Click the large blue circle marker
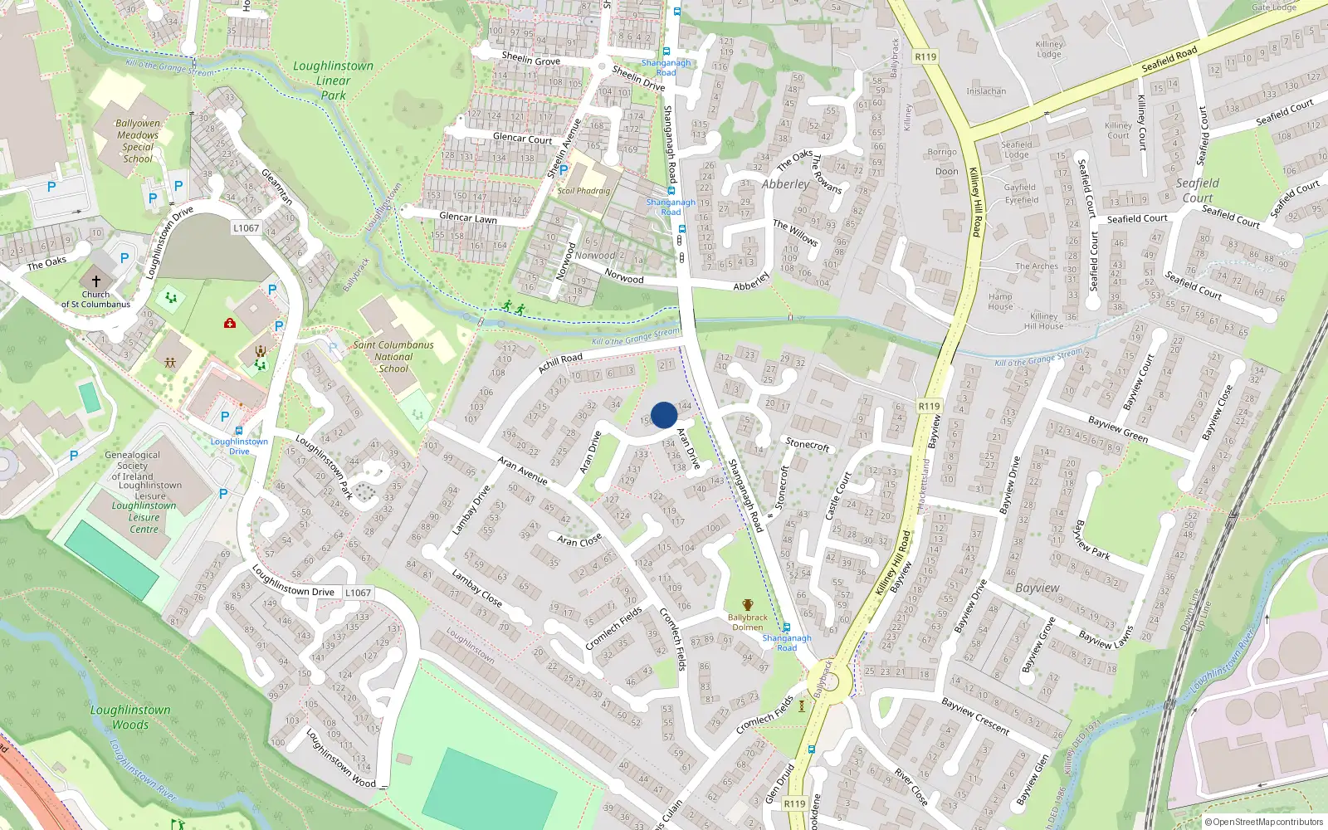664,415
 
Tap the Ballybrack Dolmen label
748,622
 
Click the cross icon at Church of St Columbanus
95,281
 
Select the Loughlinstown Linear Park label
334,81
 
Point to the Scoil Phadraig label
583,191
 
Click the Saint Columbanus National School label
393,357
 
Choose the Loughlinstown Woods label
130,717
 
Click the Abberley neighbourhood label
785,184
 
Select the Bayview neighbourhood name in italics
1037,588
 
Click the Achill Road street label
560,362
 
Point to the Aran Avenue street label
522,470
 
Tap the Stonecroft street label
808,445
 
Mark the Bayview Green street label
1118,429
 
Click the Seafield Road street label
1169,60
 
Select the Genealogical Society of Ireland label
133,466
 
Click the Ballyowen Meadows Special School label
138,140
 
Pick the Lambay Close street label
476,587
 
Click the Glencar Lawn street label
467,217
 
